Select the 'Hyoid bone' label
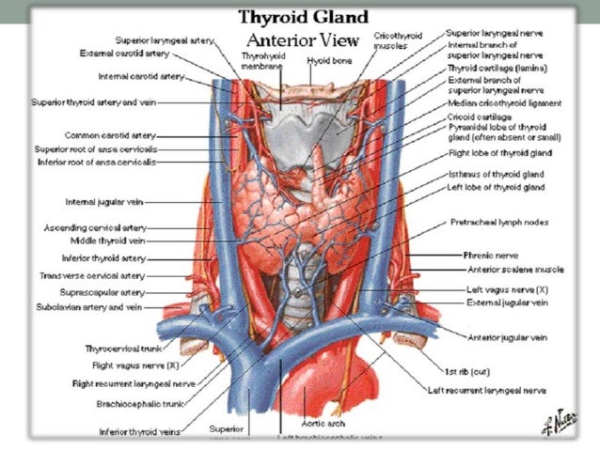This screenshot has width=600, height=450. pos(326,60)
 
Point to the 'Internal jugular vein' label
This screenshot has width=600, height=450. pos(103,201)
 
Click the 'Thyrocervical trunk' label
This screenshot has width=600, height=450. pos(122,348)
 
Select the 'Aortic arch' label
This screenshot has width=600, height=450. pos(324,414)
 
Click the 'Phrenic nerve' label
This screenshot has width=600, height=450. pos(490,254)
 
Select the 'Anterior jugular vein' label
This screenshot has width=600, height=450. pos(508,335)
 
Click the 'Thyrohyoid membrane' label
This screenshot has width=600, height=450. pos(261,62)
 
